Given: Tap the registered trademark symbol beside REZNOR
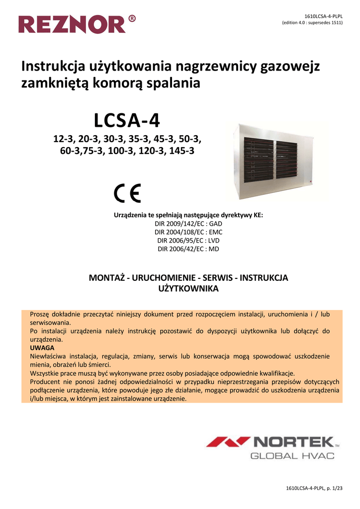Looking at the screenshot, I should [131, 19].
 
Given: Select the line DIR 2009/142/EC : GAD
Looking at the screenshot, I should [188, 224].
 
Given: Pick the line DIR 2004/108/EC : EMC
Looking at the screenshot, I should [188, 232].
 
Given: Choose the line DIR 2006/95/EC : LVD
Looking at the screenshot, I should [188, 240].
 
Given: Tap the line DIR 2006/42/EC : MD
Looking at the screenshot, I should [188, 249].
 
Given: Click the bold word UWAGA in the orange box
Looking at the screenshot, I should [42, 348].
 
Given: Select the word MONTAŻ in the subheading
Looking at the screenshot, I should [106, 277].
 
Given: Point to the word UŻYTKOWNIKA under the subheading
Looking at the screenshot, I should [188, 288].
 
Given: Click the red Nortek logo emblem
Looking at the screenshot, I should [228, 441].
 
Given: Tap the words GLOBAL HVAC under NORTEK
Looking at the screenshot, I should [291, 456].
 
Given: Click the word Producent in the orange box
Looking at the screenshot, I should [47, 382].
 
